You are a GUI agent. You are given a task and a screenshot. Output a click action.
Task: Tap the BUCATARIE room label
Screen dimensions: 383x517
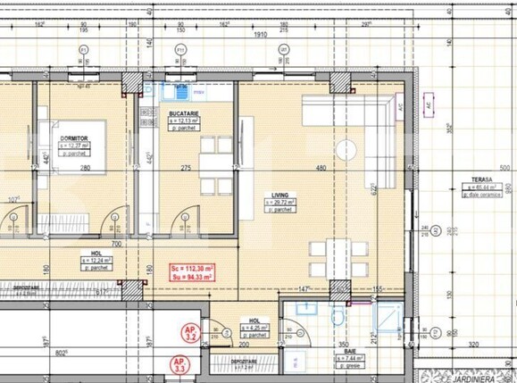click(x=183, y=114)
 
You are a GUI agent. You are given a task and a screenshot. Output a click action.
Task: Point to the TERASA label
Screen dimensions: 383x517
click(x=484, y=179)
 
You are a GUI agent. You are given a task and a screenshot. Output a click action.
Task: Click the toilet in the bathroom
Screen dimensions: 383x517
click(x=339, y=317)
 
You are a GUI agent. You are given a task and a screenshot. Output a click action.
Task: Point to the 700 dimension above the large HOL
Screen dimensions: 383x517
click(x=115, y=242)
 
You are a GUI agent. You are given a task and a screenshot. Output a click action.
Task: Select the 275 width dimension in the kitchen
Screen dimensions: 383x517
click(x=186, y=168)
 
